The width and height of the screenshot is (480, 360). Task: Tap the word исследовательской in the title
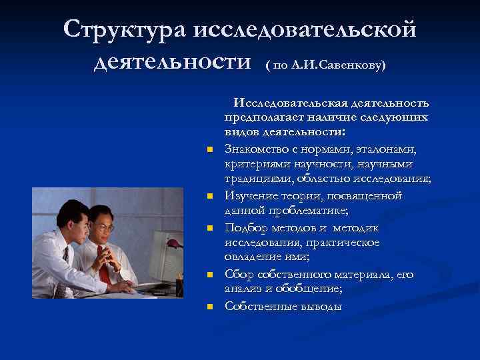305,30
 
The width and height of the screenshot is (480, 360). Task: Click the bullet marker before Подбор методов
209,228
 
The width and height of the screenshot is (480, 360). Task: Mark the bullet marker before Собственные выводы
209,307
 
